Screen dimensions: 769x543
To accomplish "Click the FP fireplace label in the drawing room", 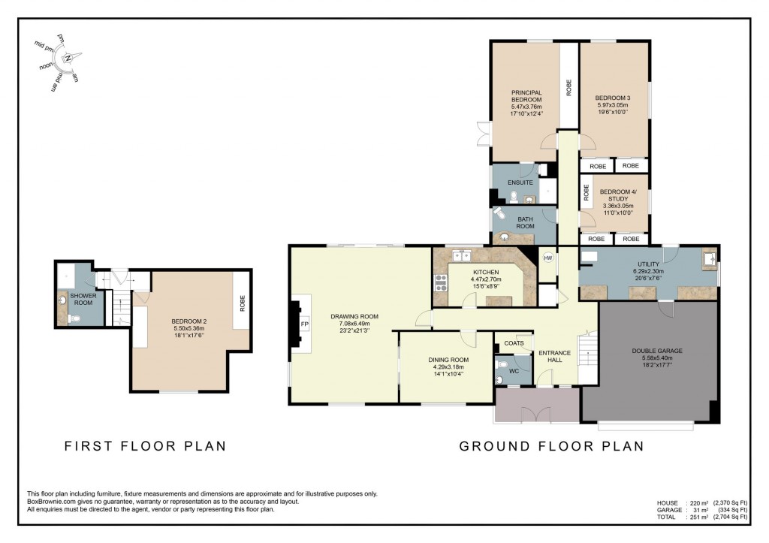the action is [x=305, y=324].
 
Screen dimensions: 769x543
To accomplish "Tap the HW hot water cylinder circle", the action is [x=547, y=258].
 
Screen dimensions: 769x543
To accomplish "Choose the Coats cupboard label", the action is [x=514, y=343].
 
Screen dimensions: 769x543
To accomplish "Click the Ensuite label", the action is [x=520, y=183].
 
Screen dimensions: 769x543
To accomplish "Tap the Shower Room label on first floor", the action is [x=83, y=299].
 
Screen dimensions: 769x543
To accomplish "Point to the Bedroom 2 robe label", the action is [x=243, y=303].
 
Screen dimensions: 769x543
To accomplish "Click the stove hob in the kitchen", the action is [x=441, y=284].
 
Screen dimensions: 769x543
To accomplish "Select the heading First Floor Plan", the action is [x=146, y=446].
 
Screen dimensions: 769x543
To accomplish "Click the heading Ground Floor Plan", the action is [x=552, y=446].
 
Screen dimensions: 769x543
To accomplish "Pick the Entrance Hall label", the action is [x=555, y=356].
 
